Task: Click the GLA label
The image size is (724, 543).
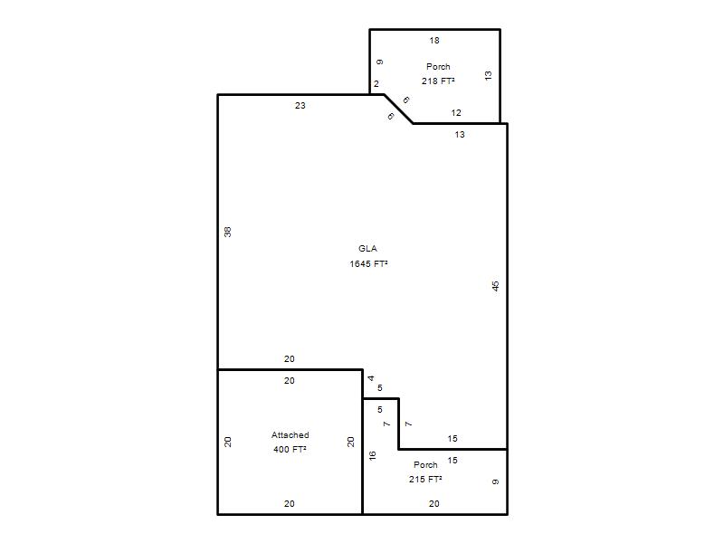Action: pyautogui.click(x=367, y=248)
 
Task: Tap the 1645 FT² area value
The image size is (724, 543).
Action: pyautogui.click(x=368, y=263)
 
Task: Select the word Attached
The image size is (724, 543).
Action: pyautogui.click(x=290, y=435)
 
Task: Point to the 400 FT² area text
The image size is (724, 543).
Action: pyautogui.click(x=290, y=449)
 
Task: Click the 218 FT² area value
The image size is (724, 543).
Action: pyautogui.click(x=438, y=81)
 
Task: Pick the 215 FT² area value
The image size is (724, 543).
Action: pyautogui.click(x=425, y=480)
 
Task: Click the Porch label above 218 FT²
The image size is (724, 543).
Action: pyautogui.click(x=438, y=66)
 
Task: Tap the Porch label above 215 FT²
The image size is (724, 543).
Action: pyautogui.click(x=425, y=465)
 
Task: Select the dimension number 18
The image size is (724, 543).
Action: pyautogui.click(x=434, y=41)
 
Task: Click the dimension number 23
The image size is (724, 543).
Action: pyautogui.click(x=300, y=106)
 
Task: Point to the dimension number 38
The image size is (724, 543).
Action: pyautogui.click(x=228, y=232)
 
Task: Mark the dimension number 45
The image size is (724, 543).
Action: pyautogui.click(x=495, y=286)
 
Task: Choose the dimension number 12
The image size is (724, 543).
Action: pyautogui.click(x=456, y=112)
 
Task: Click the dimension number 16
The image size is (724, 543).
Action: pyautogui.click(x=373, y=456)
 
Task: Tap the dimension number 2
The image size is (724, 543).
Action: pyautogui.click(x=376, y=84)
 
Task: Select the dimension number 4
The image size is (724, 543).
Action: pyautogui.click(x=371, y=378)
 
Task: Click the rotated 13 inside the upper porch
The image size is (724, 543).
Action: pyautogui.click(x=489, y=76)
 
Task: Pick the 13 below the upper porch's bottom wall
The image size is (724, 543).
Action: pyautogui.click(x=460, y=135)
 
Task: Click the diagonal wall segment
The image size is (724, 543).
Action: pyautogui.click(x=398, y=109)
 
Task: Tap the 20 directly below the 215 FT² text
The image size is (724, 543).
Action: pyautogui.click(x=434, y=504)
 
